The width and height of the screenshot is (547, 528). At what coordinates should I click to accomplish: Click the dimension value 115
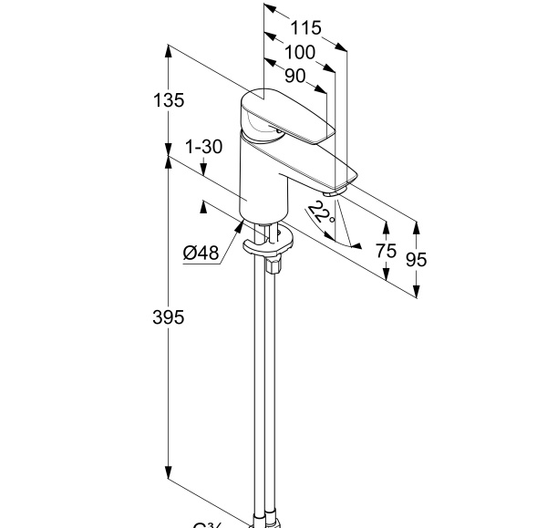pos(306,29)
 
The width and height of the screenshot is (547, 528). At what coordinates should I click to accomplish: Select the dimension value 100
pos(298,53)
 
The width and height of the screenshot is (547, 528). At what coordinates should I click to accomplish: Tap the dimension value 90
pos(294,76)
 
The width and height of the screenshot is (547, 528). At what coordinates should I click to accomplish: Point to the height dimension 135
pos(169,100)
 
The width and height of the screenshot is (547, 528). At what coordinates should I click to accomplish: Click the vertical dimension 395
pos(169,317)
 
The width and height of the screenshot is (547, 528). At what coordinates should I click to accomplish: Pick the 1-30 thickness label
pos(203,147)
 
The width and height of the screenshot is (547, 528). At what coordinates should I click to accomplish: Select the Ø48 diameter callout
pos(201,253)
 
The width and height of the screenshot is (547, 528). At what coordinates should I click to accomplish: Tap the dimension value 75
pos(386,253)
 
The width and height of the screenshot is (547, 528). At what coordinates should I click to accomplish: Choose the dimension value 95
pos(417,259)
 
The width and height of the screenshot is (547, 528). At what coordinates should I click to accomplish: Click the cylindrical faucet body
pos(263,182)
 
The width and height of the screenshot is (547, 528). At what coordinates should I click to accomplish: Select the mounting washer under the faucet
pos(268,244)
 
